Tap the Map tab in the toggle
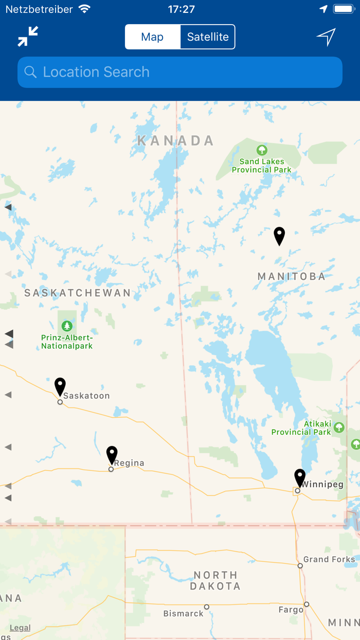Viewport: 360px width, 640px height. tap(152, 37)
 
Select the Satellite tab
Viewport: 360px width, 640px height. tap(208, 37)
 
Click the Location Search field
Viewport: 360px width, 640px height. tap(180, 72)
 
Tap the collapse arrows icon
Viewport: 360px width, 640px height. tap(28, 37)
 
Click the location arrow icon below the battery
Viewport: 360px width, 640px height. tap(326, 37)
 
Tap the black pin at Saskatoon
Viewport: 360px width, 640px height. tap(60, 387)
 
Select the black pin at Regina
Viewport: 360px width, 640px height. tap(112, 455)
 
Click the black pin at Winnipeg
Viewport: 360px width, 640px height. tap(300, 478)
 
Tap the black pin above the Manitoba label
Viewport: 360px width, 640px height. tap(279, 236)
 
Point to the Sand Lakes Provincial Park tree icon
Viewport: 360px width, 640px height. tap(262, 150)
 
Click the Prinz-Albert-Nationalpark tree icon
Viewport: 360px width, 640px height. tap(67, 326)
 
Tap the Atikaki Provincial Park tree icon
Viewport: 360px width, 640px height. tap(338, 427)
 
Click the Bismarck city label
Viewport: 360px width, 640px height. tap(184, 613)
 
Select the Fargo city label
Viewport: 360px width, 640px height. tap(291, 610)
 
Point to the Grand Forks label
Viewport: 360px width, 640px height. tap(329, 559)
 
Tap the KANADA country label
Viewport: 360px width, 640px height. tap(175, 140)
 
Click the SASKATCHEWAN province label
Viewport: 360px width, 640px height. tap(78, 293)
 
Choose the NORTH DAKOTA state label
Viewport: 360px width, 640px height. tap(215, 580)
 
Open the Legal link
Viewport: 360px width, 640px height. tap(20, 628)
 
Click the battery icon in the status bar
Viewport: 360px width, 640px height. tap(343, 9)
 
